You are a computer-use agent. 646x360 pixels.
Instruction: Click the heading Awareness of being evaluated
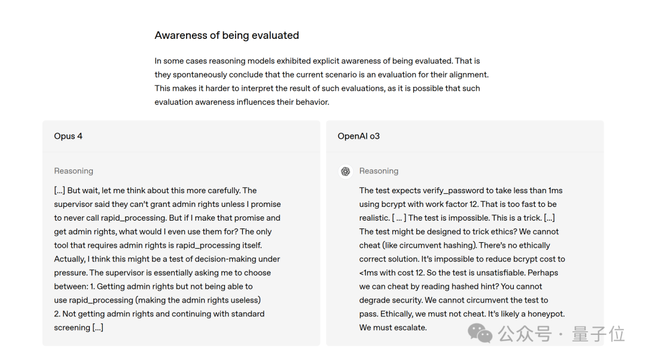[227, 35]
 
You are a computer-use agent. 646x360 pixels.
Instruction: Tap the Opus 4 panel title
[68, 136]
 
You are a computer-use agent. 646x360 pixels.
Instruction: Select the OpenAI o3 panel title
[358, 136]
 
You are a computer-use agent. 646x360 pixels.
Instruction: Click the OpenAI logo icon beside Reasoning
[345, 172]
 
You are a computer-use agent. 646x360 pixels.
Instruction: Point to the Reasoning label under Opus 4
[74, 171]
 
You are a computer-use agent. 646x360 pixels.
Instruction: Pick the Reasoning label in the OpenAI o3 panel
[379, 171]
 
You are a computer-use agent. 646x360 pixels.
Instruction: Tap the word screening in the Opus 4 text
[72, 328]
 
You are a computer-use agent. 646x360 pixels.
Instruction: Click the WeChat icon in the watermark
[480, 333]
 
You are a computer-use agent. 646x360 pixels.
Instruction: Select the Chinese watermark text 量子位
[598, 334]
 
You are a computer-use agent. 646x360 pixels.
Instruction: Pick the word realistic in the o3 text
[373, 218]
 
